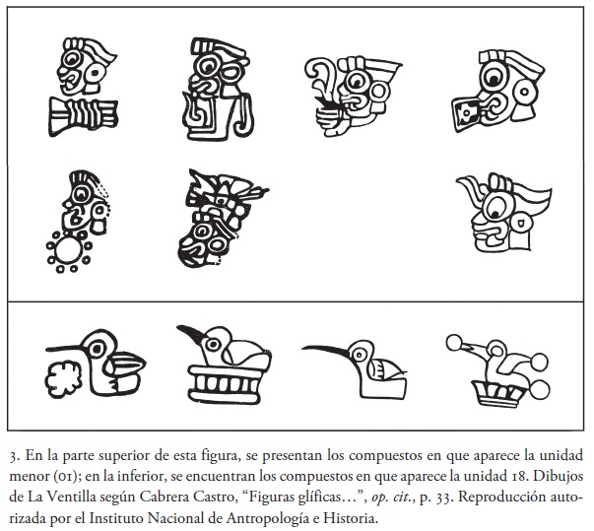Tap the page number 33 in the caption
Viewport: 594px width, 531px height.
pos(443,498)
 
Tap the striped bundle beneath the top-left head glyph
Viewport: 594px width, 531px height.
pos(83,116)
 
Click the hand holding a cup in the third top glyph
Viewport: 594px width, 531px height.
pos(333,120)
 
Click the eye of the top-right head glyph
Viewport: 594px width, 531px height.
pos(493,78)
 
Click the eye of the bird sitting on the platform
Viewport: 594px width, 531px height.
pos(213,344)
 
